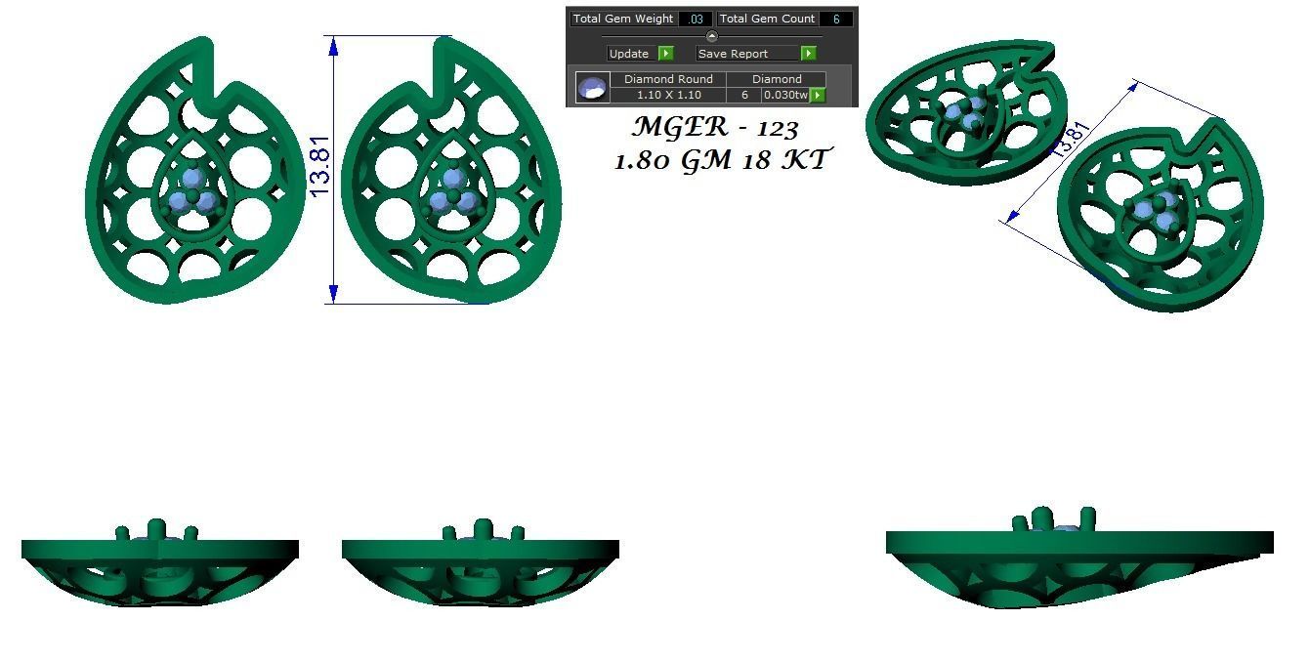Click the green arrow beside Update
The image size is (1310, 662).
[x=665, y=54]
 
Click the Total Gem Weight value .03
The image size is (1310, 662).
[x=696, y=19]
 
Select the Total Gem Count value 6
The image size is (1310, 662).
[x=836, y=19]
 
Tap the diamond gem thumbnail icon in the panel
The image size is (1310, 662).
[x=592, y=88]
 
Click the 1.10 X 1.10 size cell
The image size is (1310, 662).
[x=668, y=95]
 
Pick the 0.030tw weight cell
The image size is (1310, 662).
[x=785, y=95]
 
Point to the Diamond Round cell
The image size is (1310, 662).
[x=668, y=79]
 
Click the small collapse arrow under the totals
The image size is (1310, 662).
[x=711, y=36]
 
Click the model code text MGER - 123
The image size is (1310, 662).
[x=715, y=128]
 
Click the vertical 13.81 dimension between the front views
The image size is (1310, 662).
[x=320, y=166]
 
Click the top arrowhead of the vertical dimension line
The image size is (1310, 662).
[x=334, y=44]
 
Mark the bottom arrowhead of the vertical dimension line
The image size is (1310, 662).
[x=334, y=294]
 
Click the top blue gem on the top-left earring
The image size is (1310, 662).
[x=192, y=178]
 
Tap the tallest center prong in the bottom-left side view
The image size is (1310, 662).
[x=157, y=528]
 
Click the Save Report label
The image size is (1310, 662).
[x=733, y=54]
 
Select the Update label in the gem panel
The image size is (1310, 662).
[x=628, y=54]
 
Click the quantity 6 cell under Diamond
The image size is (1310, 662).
[x=744, y=95]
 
